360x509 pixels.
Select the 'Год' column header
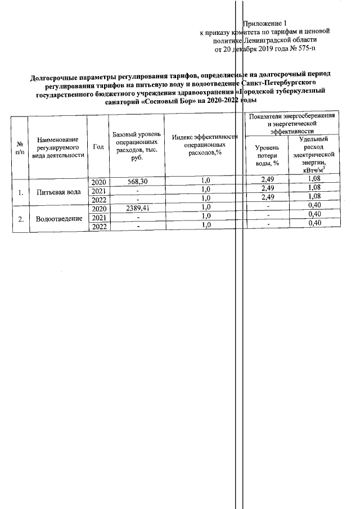pyautogui.click(x=98, y=147)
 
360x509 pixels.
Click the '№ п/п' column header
pyautogui.click(x=20, y=147)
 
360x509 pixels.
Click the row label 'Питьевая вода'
pyautogui.click(x=58, y=192)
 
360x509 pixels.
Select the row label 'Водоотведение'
pyautogui.click(x=58, y=218)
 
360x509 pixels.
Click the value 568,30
pyautogui.click(x=137, y=181)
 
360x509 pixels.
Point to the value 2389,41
pyautogui.click(x=137, y=208)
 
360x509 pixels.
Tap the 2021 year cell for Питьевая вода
pyautogui.click(x=98, y=190)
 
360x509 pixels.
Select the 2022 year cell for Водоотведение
pyautogui.click(x=98, y=226)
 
